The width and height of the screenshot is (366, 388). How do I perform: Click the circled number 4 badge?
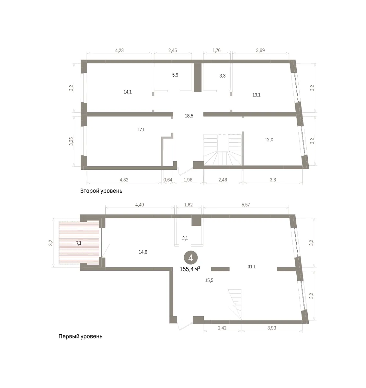(x=190, y=258)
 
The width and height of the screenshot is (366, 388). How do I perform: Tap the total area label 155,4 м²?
(x=190, y=269)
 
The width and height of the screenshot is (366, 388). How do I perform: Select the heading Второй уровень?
(x=101, y=191)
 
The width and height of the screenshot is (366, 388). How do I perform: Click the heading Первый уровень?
(x=80, y=336)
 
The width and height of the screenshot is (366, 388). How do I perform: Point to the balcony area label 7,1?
(x=79, y=243)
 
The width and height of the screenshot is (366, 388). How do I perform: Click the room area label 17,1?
(x=141, y=130)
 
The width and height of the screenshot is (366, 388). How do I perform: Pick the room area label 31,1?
(x=252, y=266)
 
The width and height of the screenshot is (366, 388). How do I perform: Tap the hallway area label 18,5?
(x=189, y=116)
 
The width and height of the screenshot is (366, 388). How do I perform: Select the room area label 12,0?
(x=269, y=140)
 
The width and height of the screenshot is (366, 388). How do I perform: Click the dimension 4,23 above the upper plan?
(x=120, y=50)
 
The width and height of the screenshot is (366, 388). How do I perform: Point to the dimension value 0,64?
(x=168, y=180)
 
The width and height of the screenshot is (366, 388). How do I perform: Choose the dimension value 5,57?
(x=246, y=205)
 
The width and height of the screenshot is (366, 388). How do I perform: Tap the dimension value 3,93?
(x=272, y=328)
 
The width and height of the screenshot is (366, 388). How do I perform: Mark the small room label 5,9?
(x=175, y=75)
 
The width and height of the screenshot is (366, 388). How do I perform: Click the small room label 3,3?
(x=223, y=76)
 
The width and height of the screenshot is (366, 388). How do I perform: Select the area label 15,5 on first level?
(x=209, y=280)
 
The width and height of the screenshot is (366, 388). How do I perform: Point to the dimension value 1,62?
(x=189, y=205)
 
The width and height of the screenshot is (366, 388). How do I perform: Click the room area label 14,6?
(x=143, y=252)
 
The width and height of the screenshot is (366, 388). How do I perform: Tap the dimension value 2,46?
(x=223, y=180)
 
